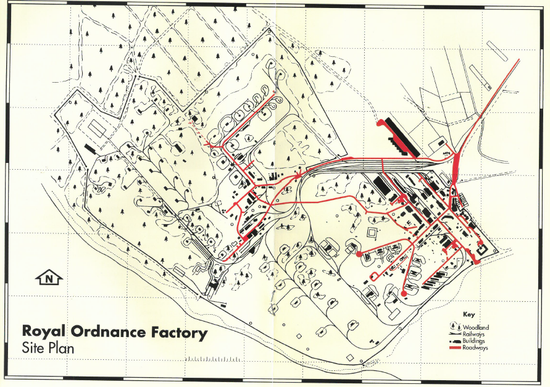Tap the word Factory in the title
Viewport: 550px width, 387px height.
click(179, 333)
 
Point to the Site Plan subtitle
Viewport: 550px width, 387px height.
click(48, 348)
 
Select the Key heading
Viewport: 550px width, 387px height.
click(468, 314)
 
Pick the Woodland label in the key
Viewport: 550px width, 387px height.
click(476, 327)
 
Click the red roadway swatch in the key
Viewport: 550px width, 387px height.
click(456, 348)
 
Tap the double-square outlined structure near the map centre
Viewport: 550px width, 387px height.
click(372, 233)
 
